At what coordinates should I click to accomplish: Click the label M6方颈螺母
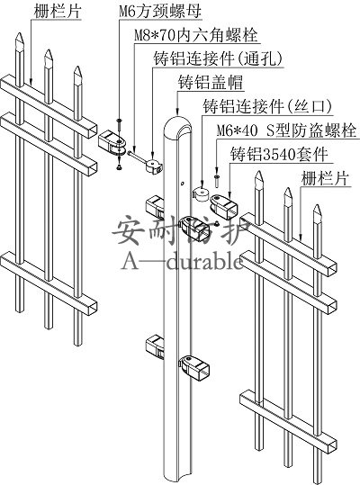coord(160,12)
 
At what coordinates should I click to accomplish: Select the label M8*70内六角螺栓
coord(196,35)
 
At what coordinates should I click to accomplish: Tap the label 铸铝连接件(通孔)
coord(219,58)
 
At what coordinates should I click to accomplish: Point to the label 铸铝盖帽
coord(211,82)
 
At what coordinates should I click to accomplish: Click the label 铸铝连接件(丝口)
coord(267,106)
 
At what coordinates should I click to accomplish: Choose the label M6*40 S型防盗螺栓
coord(286,130)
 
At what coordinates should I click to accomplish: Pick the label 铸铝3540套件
coord(279,154)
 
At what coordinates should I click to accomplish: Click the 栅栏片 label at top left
coord(58,12)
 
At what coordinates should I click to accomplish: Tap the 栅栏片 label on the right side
coord(326,178)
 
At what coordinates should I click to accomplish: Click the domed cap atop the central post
coord(177,125)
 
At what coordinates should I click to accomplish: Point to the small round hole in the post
coord(182,184)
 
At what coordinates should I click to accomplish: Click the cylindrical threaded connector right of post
coord(202,194)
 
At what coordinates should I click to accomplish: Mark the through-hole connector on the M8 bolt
coord(153,165)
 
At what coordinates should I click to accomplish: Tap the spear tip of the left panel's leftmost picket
coord(20,41)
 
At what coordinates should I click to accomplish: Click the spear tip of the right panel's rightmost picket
coord(318,212)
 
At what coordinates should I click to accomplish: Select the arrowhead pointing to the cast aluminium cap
coord(177,112)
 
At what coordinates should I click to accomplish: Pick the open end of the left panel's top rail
coord(93,131)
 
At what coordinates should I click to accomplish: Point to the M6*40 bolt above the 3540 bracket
coord(217,180)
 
